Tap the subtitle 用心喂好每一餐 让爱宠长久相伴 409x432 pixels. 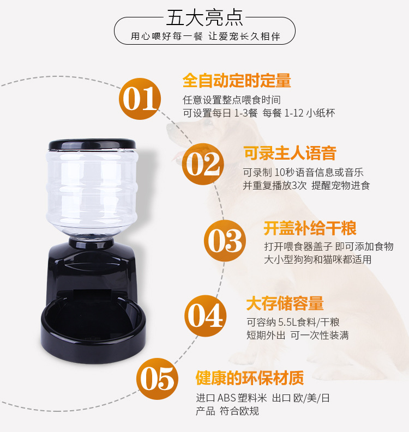click(x=205, y=37)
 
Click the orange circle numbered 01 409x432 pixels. click(x=140, y=100)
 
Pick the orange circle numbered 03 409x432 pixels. click(x=224, y=241)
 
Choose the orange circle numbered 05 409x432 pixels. click(x=158, y=378)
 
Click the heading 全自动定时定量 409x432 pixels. click(x=237, y=81)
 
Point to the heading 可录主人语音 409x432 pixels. click(x=290, y=153)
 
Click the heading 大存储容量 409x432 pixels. click(x=285, y=303)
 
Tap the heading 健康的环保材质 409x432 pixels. click(x=250, y=378)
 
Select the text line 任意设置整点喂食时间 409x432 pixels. click(x=231, y=100)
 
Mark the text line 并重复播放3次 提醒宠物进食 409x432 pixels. click(x=306, y=185)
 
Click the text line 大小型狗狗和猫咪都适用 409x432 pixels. click(x=317, y=259)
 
